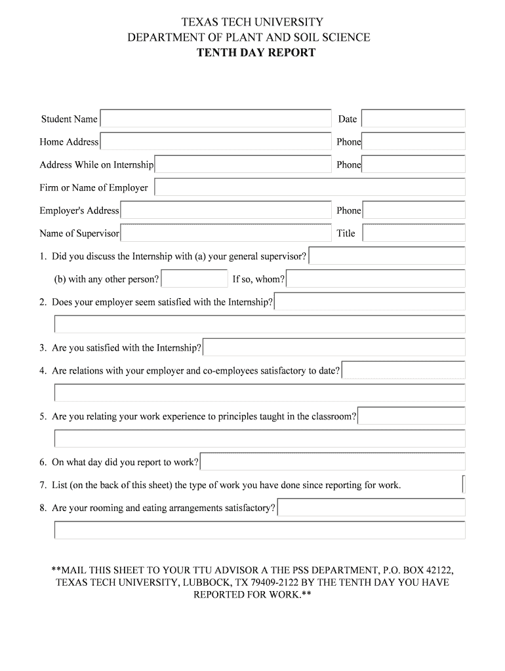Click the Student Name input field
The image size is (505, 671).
[216, 119]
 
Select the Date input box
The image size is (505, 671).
[413, 119]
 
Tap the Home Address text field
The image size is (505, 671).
[216, 142]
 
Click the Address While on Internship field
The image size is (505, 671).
[243, 164]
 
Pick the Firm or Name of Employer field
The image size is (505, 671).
[310, 187]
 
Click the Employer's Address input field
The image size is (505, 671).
[226, 210]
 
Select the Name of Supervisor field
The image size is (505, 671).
[226, 233]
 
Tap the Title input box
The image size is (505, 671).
[413, 233]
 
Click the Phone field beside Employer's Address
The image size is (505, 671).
[413, 210]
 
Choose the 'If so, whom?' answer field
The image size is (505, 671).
[376, 279]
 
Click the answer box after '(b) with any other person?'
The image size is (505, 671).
[194, 279]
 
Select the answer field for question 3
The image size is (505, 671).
[334, 347]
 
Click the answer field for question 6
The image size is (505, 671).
[333, 462]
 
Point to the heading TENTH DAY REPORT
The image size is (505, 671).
[256, 52]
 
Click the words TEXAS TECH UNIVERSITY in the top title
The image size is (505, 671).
[253, 23]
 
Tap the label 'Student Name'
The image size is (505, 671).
[69, 119]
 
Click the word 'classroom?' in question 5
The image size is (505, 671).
[334, 417]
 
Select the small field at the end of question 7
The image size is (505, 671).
[464, 485]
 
